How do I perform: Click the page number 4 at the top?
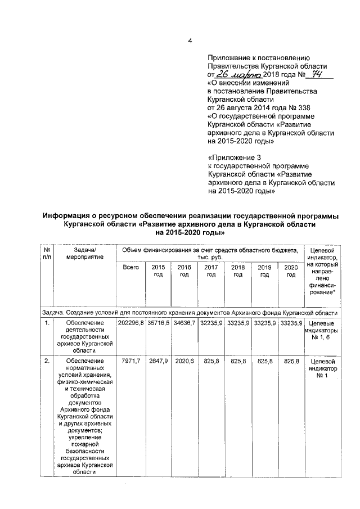point(190,41)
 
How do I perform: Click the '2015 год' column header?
point(157,271)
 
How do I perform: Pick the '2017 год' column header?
point(211,271)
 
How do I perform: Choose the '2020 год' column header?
point(291,271)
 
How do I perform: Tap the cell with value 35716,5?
point(158,323)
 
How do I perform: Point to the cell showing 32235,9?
point(211,323)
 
